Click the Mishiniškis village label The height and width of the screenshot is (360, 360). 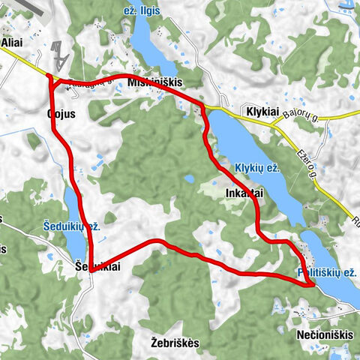tap(155, 82)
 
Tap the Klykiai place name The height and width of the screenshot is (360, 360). tap(262, 112)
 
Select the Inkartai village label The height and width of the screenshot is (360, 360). tap(244, 193)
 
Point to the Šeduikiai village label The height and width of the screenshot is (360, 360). tap(97, 266)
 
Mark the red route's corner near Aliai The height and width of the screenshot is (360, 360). tap(49, 76)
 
